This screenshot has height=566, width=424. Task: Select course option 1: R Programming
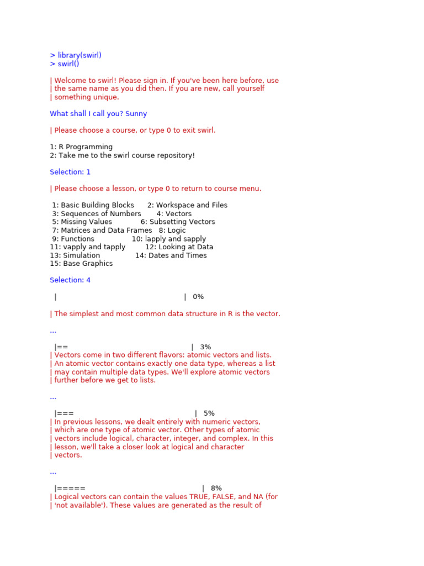(x=81, y=147)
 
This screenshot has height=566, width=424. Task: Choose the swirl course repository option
(x=122, y=155)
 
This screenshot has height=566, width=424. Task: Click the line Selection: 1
(x=70, y=172)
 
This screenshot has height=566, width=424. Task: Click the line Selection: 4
(x=70, y=280)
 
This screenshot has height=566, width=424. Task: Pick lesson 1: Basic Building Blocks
(x=93, y=205)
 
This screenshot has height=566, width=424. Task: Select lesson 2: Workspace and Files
(x=187, y=205)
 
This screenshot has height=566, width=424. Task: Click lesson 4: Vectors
(x=174, y=214)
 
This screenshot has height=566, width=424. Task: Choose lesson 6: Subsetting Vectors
(x=178, y=222)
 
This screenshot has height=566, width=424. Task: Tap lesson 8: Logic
(x=172, y=230)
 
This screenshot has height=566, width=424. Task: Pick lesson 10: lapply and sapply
(x=169, y=239)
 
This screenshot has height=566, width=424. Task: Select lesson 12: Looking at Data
(x=179, y=247)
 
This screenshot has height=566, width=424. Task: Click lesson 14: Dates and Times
(x=171, y=255)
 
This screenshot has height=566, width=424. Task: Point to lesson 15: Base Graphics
(x=81, y=264)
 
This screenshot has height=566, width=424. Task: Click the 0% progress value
(x=198, y=297)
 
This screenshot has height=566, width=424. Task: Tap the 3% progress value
(x=205, y=347)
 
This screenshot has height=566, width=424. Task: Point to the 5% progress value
(x=209, y=413)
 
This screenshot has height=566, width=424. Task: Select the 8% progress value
(x=216, y=489)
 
